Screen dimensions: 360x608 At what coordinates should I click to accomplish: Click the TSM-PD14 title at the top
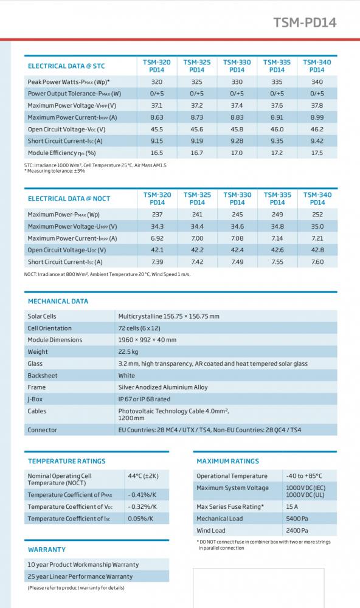pos(305,22)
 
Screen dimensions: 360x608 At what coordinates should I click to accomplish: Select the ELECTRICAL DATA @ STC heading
pos(66,66)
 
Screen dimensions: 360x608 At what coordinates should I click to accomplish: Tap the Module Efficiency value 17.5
pos(317,153)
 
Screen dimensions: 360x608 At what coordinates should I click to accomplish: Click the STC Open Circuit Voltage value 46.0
pos(277,129)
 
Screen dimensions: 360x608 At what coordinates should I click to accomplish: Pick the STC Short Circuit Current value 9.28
pos(237,141)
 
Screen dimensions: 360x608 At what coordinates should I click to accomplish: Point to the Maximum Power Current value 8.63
pos(157,117)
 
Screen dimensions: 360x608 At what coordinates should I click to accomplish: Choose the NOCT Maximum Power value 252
pos(317,215)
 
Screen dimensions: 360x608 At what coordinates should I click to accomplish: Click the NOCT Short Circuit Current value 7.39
pos(157,261)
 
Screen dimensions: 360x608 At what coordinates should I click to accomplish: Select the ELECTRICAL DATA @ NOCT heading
pos(69,199)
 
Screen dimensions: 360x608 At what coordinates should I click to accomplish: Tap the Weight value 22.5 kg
pos(128,351)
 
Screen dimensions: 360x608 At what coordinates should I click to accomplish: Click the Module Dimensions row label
pos(55,340)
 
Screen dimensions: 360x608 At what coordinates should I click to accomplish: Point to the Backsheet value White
pos(126,375)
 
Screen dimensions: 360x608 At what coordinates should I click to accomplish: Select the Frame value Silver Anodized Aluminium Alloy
pos(163,387)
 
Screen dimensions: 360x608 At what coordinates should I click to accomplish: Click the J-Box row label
pos(35,399)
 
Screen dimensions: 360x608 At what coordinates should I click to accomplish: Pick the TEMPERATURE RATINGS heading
pos(67,461)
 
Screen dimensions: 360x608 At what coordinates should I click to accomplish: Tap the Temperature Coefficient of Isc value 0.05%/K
pos(140,519)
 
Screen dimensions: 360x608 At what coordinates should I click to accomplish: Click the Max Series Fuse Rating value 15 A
pos(292,506)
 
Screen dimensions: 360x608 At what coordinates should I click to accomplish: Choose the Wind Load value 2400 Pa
pos(297,530)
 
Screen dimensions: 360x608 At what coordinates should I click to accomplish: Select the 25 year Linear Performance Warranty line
pos(80,576)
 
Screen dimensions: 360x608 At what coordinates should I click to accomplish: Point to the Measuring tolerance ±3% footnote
pos(54,171)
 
